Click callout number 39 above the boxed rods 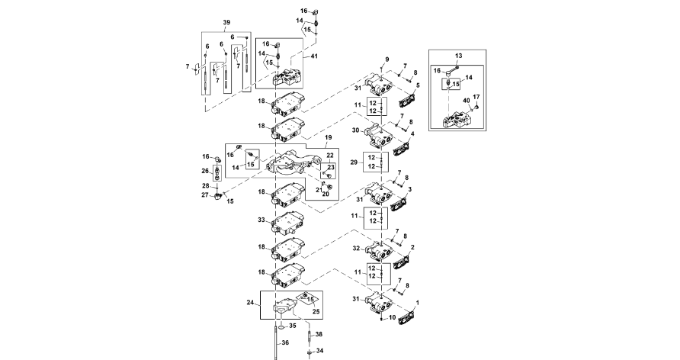coord(225,24)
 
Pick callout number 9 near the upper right coord(387,59)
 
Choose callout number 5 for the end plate coord(418,86)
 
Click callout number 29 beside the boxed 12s coord(353,162)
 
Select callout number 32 coord(358,249)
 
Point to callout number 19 coord(329,141)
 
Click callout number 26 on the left coord(204,170)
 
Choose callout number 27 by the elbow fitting coord(204,195)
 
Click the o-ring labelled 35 coord(281,326)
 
